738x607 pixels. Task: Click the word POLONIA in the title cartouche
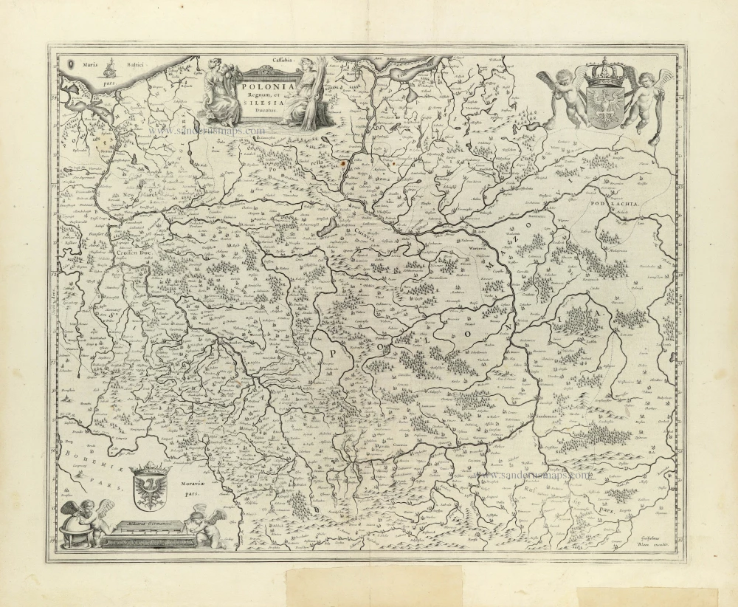(x=266, y=86)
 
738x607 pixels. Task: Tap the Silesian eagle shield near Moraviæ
(x=150, y=487)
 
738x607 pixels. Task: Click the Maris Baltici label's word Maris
(x=91, y=66)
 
